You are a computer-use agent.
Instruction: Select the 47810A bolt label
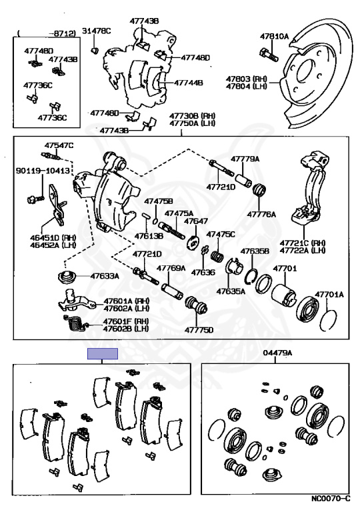pos(275,36)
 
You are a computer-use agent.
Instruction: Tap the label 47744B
pos(189,83)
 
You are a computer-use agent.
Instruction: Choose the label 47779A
pos(245,159)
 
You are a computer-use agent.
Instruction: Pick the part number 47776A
pos(261,214)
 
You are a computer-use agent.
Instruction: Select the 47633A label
pos(105,276)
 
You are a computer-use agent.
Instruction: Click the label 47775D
pos(199,329)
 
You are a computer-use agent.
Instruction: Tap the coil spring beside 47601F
pos(74,324)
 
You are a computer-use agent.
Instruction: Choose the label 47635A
pos(230,291)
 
